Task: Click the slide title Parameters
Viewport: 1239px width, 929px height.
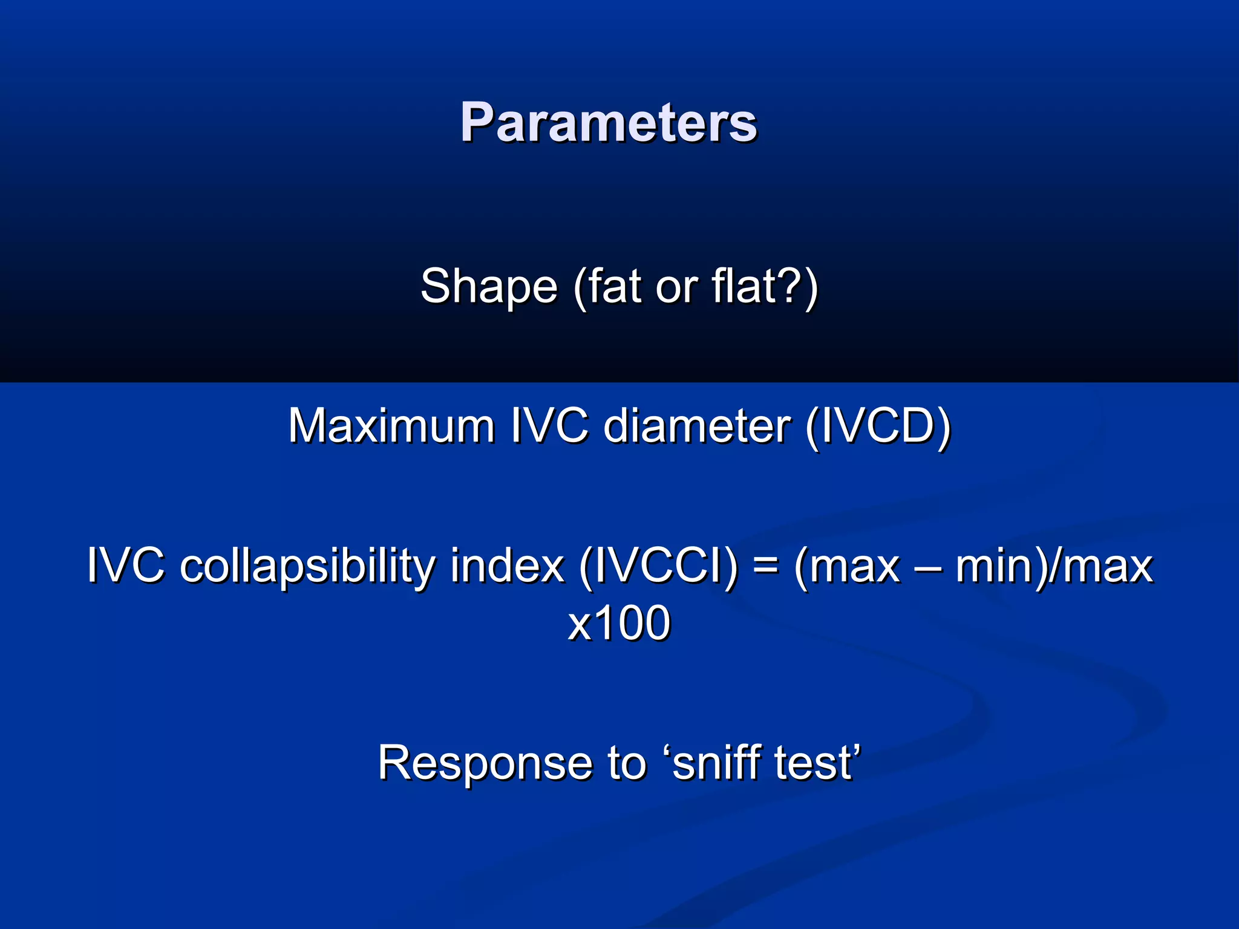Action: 608,123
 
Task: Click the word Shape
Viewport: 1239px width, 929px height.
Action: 488,287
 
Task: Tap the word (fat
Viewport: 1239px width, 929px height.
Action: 607,287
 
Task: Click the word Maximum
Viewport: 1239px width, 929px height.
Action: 391,426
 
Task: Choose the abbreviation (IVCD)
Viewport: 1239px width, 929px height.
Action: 878,426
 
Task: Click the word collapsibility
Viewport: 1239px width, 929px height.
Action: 308,566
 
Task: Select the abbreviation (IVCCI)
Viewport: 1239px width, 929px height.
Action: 659,566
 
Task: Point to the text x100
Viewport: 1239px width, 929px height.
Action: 619,623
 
